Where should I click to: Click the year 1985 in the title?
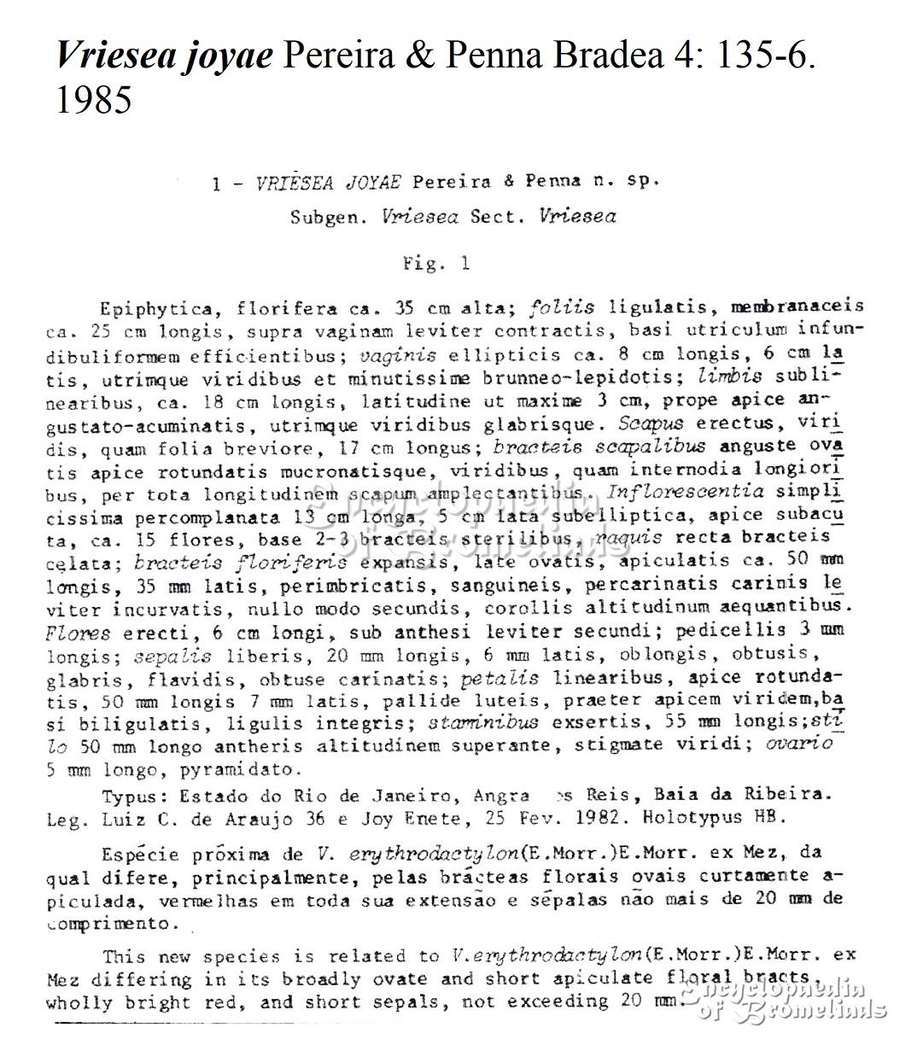coord(93,100)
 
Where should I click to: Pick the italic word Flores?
coord(78,633)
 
